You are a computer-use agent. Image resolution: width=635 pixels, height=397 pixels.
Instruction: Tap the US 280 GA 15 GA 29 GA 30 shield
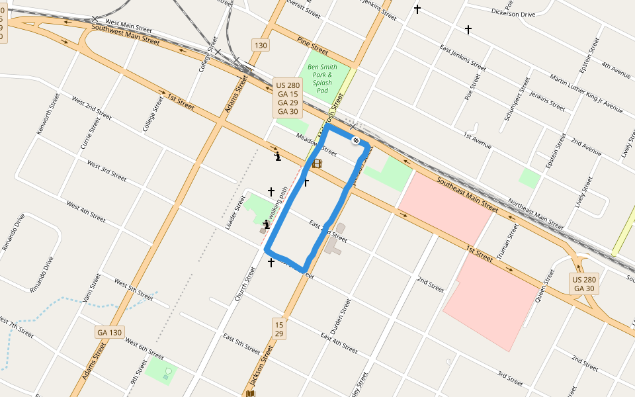pos(288,99)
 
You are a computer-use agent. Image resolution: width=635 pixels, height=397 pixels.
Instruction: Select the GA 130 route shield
pos(110,331)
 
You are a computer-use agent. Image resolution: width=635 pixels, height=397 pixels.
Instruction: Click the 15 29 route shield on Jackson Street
pos(279,330)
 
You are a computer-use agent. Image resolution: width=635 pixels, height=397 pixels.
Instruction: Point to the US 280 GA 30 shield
pos(585,284)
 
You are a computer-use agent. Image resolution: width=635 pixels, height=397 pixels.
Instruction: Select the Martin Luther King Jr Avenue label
pos(586,92)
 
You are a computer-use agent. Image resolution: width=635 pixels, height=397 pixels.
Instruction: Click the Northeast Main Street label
pos(536,215)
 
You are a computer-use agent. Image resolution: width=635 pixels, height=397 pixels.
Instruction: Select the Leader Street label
pos(235,212)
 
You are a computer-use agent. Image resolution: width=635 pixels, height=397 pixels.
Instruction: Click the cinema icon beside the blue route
pos(317,163)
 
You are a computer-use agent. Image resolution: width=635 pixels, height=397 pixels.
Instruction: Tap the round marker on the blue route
pos(355,140)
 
